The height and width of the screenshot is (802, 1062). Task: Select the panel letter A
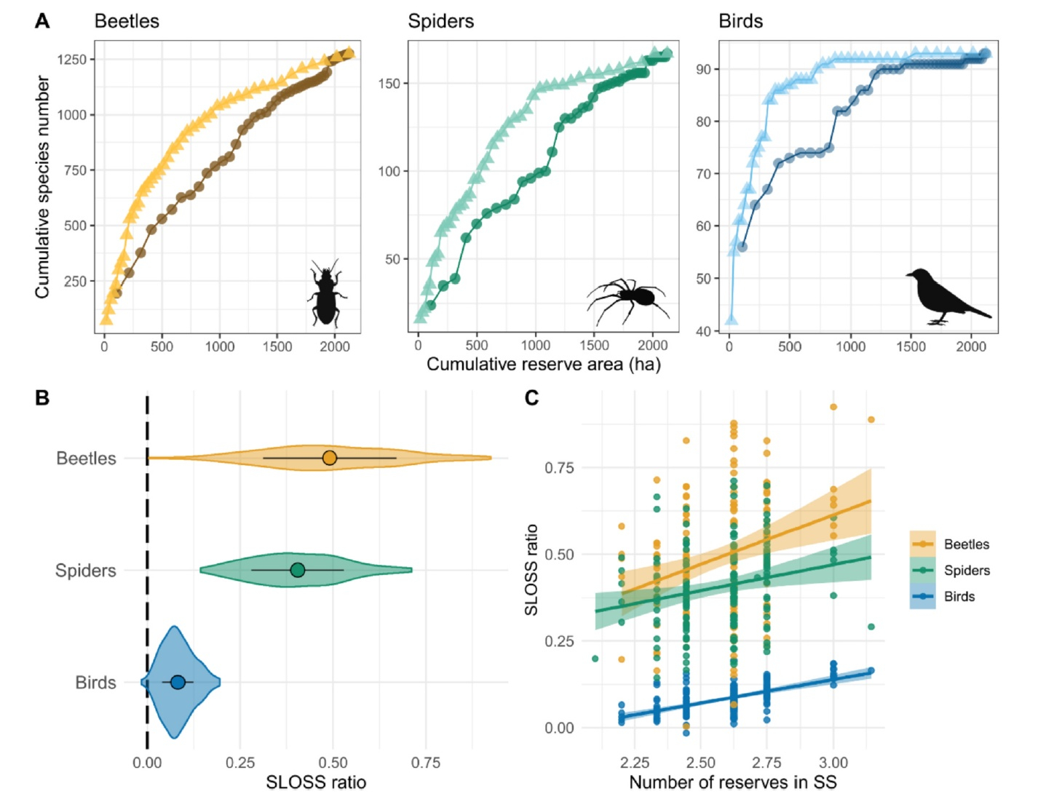point(42,21)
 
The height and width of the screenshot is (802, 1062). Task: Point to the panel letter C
point(531,397)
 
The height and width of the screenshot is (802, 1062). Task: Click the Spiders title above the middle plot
point(440,21)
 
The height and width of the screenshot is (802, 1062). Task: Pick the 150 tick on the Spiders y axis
point(389,84)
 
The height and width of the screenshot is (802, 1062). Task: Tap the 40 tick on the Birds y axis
point(703,331)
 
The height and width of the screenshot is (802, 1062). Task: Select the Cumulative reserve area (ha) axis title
point(543,364)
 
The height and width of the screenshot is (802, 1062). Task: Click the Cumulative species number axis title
point(42,187)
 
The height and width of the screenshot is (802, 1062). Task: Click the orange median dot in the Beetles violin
point(330,458)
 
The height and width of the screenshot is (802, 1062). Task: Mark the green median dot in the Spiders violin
point(298,570)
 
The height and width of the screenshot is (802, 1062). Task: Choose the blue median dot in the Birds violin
point(178,682)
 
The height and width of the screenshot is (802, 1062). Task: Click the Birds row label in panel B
point(95,683)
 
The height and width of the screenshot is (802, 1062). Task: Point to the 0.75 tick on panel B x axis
point(426,763)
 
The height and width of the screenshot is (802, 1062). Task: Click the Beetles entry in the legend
point(966,544)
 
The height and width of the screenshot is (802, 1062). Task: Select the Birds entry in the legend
point(959,597)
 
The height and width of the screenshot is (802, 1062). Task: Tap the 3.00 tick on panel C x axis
point(833,763)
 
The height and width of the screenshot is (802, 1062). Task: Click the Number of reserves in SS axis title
point(732,782)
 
